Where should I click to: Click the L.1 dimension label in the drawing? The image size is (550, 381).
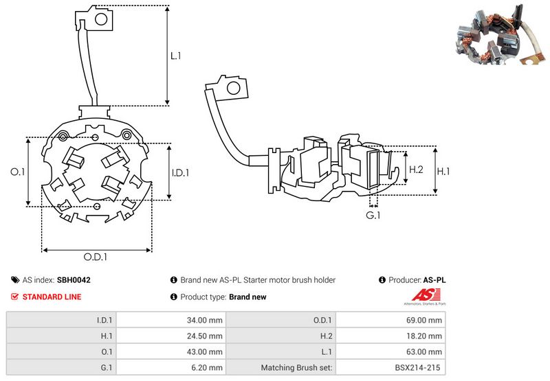point(176,56)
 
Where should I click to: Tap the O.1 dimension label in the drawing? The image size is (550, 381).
point(19,172)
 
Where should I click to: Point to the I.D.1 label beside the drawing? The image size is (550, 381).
point(179,172)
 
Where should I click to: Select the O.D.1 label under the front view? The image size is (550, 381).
point(96,257)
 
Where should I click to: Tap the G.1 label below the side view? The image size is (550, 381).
point(373,216)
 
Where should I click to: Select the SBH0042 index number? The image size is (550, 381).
point(74,280)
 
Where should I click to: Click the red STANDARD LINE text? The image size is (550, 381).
point(52,297)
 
